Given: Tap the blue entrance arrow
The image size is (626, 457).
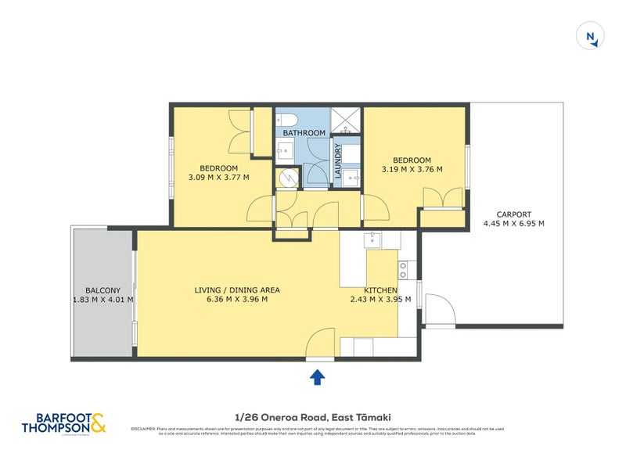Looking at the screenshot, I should (x=317, y=378).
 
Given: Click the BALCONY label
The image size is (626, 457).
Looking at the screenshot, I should (x=103, y=289).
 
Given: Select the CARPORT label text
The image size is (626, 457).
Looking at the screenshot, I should (x=514, y=214).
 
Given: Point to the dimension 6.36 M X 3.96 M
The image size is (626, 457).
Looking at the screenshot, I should (x=236, y=299).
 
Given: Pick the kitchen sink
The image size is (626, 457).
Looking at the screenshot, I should (x=374, y=239).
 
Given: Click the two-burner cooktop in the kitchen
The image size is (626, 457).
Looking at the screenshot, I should (x=405, y=269).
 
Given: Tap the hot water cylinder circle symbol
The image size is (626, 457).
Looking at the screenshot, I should (x=287, y=178).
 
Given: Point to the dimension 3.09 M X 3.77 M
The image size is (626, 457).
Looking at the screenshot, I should (x=218, y=177).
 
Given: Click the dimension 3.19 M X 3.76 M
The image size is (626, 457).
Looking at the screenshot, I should (x=412, y=169).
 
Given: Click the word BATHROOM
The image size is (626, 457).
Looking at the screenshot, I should (x=304, y=133).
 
